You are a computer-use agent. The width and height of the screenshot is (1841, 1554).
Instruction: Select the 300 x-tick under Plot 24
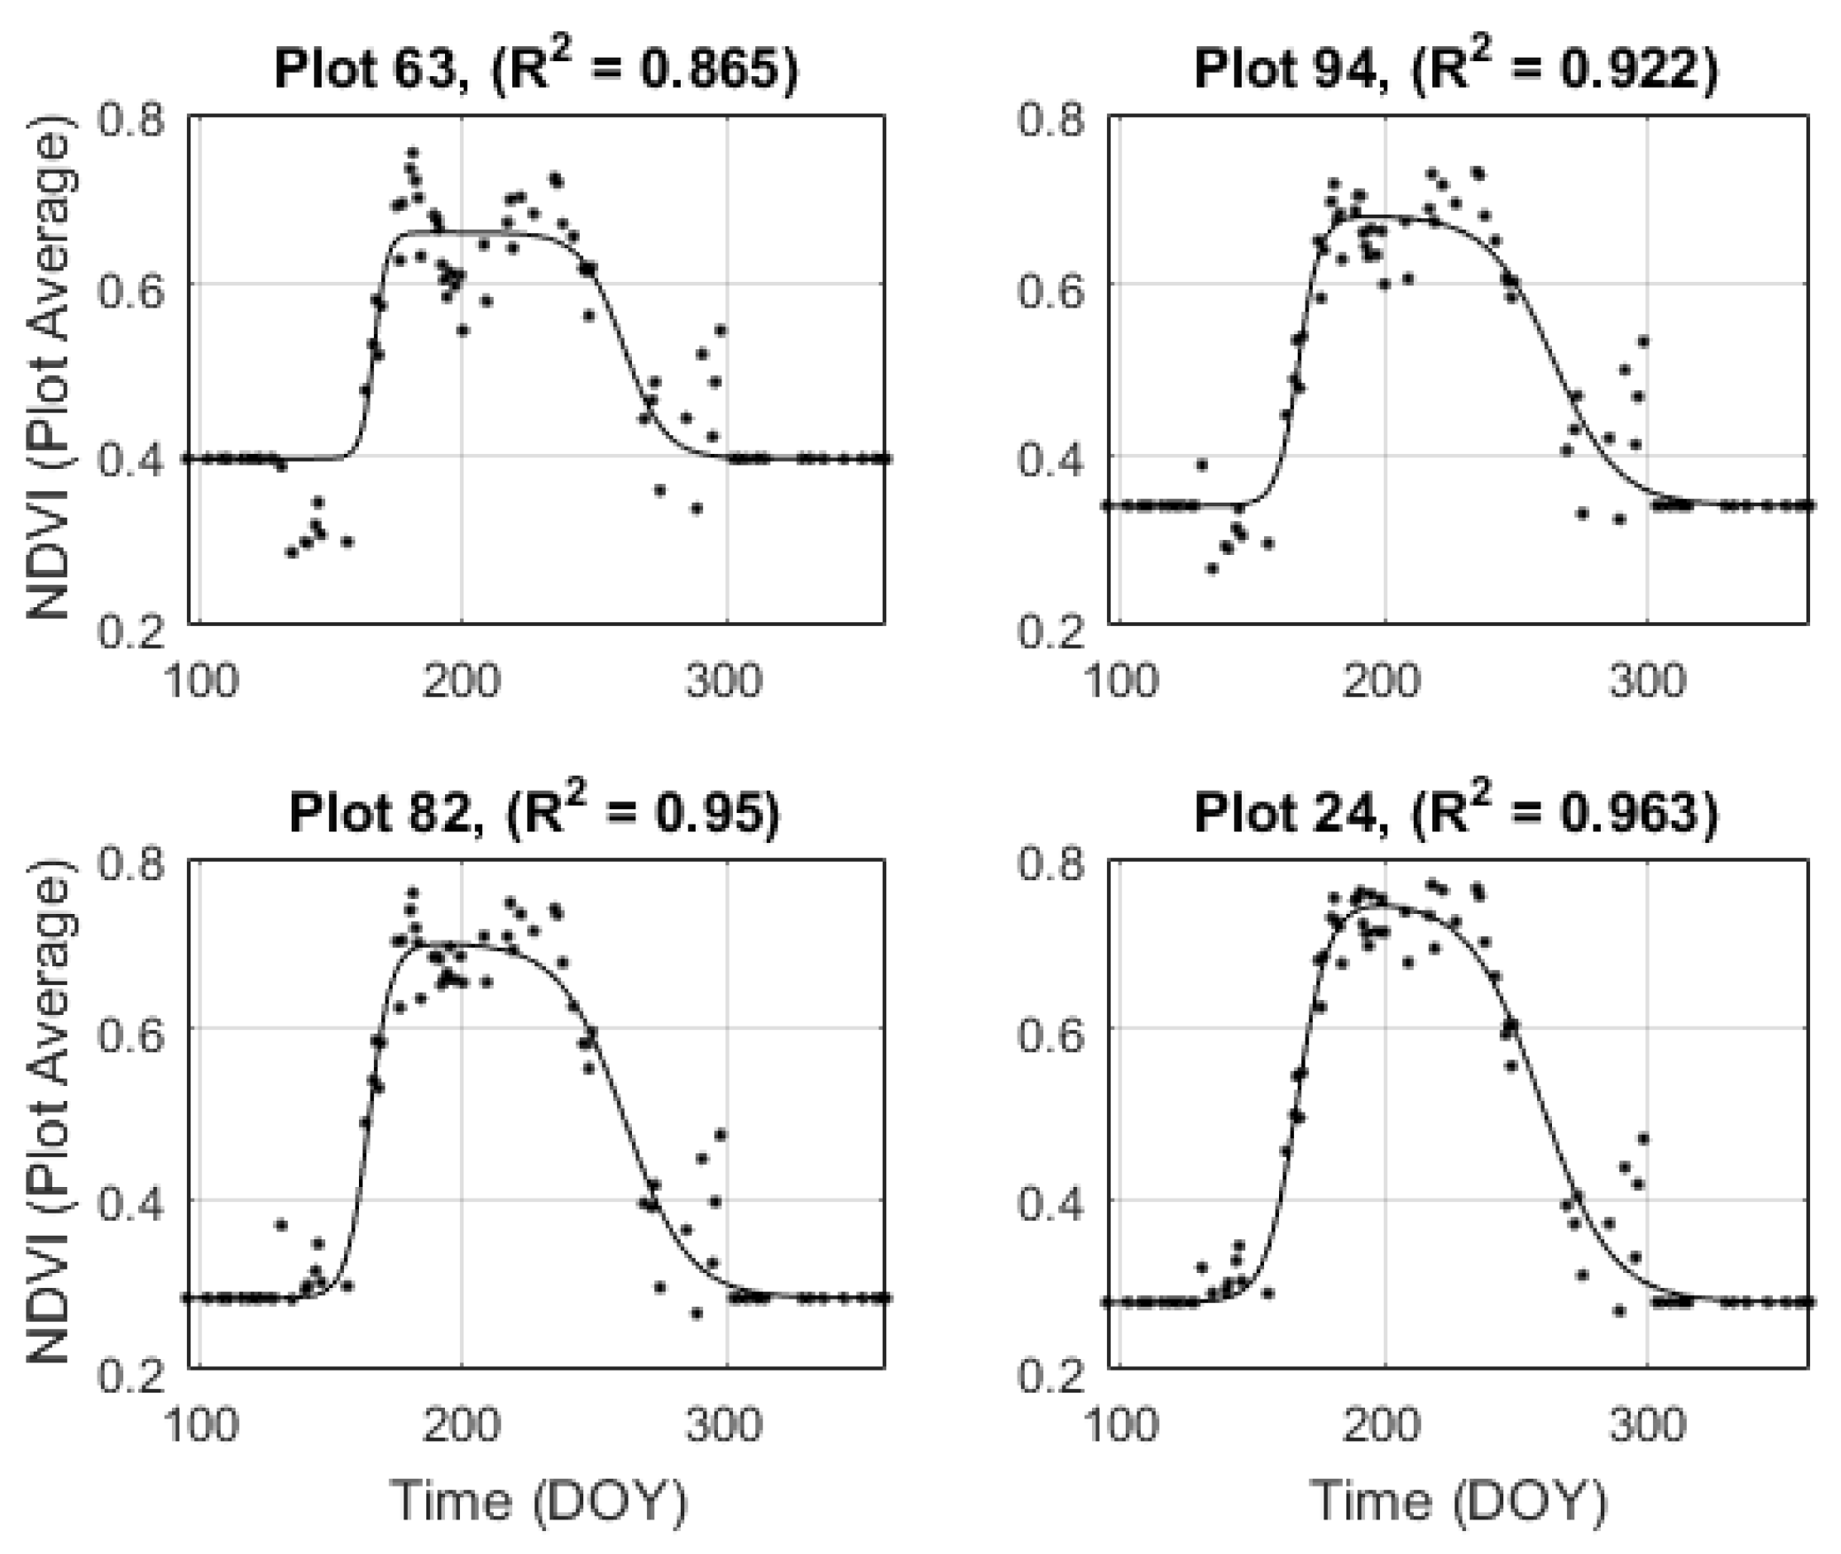1645,1425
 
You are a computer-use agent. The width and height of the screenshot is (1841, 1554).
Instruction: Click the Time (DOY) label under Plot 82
539,1501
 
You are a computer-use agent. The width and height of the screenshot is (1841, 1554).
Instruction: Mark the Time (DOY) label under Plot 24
1458,1501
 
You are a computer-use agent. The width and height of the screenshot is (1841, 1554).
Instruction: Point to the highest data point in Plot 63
412,152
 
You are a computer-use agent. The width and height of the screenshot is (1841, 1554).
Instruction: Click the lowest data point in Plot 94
1212,568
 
